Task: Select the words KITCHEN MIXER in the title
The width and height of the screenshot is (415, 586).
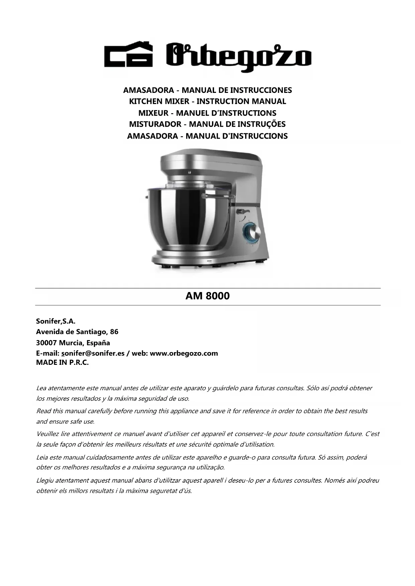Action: [159, 101]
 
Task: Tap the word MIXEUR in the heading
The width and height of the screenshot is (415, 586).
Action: [153, 113]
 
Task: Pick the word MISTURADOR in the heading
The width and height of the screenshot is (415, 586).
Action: [155, 124]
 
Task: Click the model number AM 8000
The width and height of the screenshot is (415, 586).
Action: [207, 296]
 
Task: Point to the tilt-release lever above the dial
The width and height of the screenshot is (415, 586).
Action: [242, 211]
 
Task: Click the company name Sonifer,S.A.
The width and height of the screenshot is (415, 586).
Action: [56, 321]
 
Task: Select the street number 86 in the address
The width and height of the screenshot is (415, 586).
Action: [114, 332]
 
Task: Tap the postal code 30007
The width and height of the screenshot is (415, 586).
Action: [46, 343]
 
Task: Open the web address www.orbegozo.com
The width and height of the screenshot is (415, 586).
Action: [184, 353]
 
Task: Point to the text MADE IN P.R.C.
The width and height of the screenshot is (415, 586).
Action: [62, 363]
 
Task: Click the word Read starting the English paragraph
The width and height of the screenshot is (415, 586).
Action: [43, 411]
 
